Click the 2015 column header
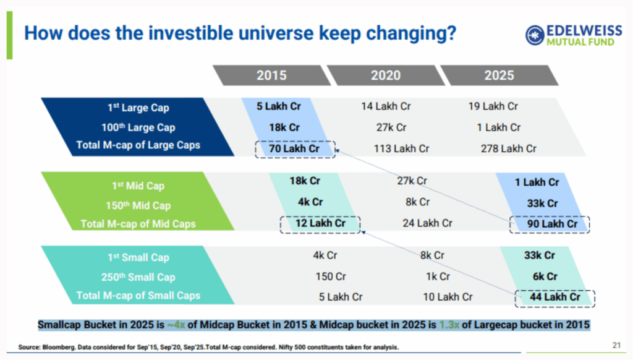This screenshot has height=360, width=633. click(x=271, y=75)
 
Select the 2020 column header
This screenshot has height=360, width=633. click(x=386, y=75)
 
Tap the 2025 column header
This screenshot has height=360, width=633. click(x=499, y=75)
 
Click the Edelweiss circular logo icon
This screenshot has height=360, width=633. click(x=536, y=35)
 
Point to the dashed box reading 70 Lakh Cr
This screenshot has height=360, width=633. click(x=294, y=148)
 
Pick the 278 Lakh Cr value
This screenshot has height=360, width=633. click(x=508, y=148)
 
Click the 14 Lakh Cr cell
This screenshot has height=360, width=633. click(x=386, y=106)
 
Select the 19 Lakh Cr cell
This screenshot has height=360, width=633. click(x=493, y=106)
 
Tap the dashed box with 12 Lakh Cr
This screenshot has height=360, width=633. click(x=319, y=223)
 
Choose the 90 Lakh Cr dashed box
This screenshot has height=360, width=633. click(x=550, y=224)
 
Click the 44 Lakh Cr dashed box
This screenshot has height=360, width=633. click(x=554, y=298)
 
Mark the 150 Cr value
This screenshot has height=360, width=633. click(x=330, y=276)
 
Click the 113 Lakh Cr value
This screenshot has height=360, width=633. click(x=401, y=148)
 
